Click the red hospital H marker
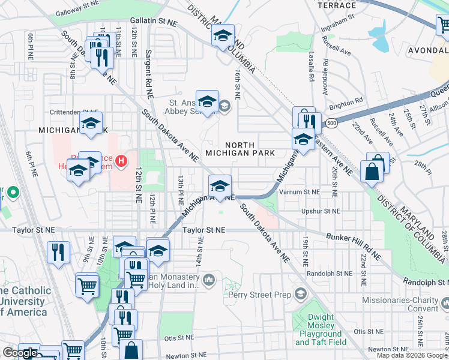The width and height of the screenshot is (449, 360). tap(122, 161)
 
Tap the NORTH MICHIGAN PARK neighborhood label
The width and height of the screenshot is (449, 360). tap(240, 149)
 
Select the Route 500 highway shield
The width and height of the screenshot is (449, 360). tap(331, 124)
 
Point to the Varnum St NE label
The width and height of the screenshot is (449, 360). tap(316, 192)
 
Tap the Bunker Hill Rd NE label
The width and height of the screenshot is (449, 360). tap(353, 245)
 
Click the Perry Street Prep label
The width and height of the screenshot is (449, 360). tap(259, 295)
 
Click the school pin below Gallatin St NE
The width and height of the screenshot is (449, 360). tap(222, 36)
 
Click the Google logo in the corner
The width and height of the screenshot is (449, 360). tap(20, 353)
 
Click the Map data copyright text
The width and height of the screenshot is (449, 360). tap(412, 355)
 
